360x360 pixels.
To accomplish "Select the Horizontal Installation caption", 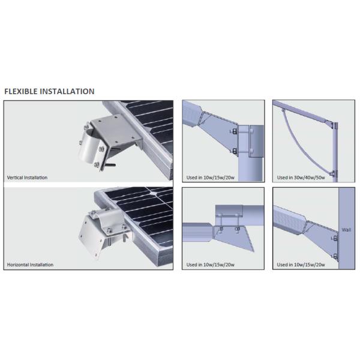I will pos(30,265).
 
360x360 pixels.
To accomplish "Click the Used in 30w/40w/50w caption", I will pos(301,178).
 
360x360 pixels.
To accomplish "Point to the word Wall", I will pos(346,229).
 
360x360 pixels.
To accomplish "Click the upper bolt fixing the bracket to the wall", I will pos(335,238).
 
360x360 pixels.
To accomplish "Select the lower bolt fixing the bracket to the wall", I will pos(335,257).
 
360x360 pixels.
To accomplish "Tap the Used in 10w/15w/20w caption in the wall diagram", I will pos(301,265).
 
